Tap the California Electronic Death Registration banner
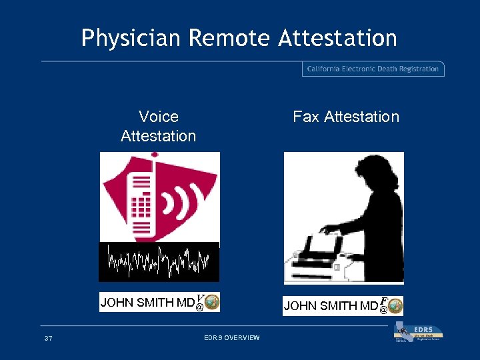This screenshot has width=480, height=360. [x=373, y=69]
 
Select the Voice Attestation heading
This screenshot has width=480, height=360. [x=159, y=126]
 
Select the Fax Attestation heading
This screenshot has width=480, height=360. [x=346, y=117]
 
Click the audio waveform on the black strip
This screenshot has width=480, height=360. [x=159, y=261]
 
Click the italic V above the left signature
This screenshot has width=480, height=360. [x=200, y=297]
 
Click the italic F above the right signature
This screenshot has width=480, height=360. [x=384, y=301]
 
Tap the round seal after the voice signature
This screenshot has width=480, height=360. [x=212, y=303]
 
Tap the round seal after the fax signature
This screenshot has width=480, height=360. [x=395, y=307]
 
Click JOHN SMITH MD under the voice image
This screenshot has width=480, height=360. [x=147, y=303]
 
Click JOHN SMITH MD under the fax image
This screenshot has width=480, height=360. [x=330, y=307]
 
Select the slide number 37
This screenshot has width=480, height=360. [x=48, y=339]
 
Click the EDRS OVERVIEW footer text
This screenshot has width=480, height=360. [x=231, y=339]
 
